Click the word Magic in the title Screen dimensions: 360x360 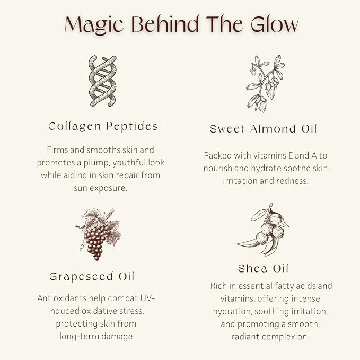(94, 25)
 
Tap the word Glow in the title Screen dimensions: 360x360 (275, 24)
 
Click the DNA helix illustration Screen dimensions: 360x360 (103, 81)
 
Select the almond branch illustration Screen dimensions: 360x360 (265, 84)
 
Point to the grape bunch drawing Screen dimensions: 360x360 (98, 234)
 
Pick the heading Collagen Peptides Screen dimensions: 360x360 (103, 127)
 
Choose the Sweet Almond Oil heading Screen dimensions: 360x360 (264, 129)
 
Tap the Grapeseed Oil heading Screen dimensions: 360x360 (92, 277)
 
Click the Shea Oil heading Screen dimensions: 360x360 (263, 268)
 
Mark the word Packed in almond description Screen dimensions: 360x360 (218, 156)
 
